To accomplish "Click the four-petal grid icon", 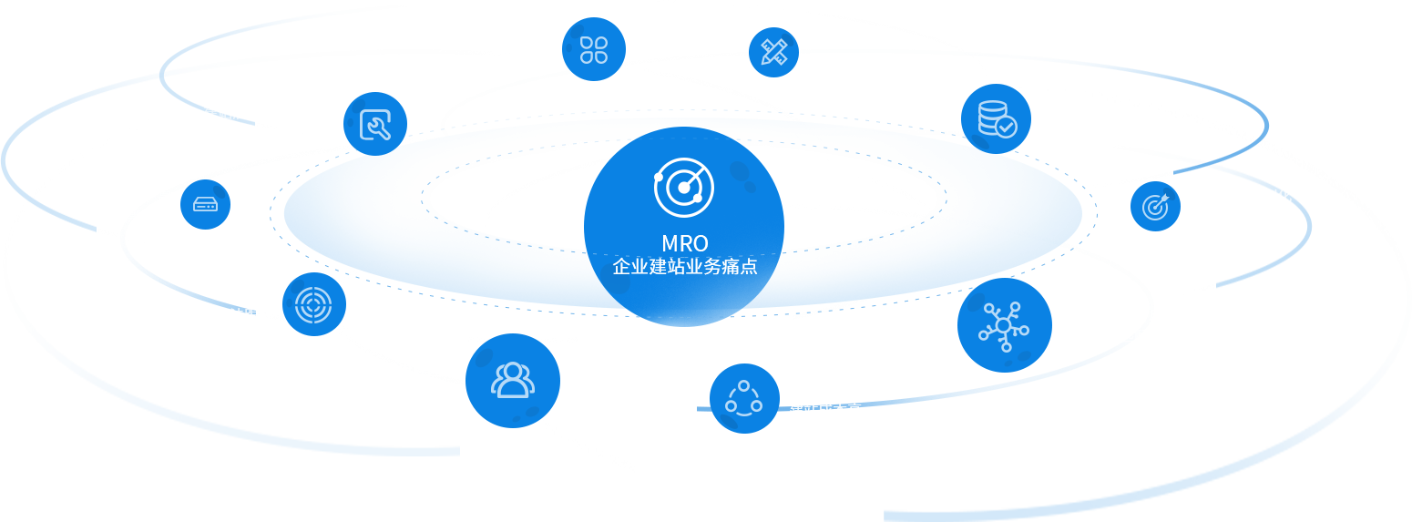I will [593, 49].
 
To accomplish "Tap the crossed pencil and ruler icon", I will [773, 52].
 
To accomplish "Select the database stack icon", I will [995, 118].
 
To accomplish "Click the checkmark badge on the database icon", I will [1006, 127].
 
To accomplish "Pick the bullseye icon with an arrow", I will [1155, 206].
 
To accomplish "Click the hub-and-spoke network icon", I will [1004, 325].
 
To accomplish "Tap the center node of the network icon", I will [1003, 325].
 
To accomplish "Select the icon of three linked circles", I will [743, 398].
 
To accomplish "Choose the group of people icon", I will [512, 380].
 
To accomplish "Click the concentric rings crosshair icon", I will [313, 303].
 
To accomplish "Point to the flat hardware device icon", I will [205, 204].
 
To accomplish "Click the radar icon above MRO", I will [683, 188].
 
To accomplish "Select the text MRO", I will [685, 244].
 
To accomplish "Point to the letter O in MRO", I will [700, 244].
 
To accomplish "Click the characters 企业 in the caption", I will [627, 268].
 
